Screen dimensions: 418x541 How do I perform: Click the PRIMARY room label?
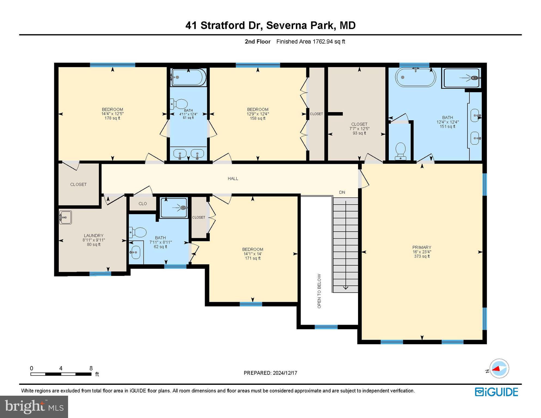(x=421, y=247)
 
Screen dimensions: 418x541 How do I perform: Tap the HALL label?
(x=233, y=179)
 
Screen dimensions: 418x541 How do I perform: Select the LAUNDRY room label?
(x=93, y=235)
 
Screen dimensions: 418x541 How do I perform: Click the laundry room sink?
(x=65, y=217)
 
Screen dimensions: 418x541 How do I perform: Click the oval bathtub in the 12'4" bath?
(x=416, y=77)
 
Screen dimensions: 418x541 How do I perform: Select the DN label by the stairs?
(x=342, y=192)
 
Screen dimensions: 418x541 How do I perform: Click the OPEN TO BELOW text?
(x=319, y=291)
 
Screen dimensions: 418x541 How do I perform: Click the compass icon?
(x=499, y=368)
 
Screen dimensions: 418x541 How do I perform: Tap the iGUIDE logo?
(x=496, y=392)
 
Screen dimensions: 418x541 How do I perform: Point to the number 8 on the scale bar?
(x=91, y=368)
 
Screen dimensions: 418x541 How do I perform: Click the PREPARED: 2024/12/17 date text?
(x=270, y=373)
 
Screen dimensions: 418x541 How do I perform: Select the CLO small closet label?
(x=143, y=204)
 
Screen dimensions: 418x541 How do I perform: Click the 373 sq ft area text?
(x=422, y=256)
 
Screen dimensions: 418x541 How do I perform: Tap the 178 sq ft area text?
(x=112, y=118)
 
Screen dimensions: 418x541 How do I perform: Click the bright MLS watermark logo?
(x=34, y=407)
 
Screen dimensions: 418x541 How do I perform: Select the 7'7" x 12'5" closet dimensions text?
(x=359, y=129)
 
